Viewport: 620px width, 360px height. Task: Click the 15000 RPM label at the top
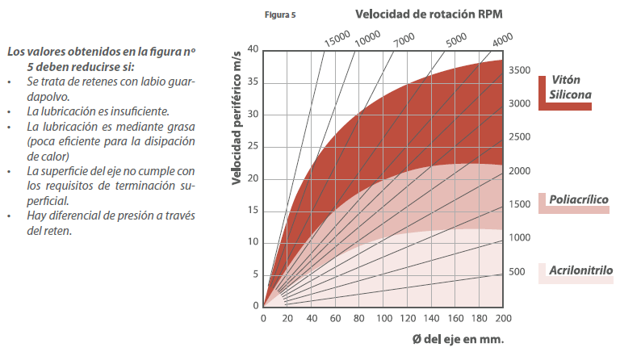(x=337, y=38)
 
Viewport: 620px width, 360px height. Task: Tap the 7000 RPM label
(x=404, y=37)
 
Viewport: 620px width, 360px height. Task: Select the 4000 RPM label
(x=502, y=38)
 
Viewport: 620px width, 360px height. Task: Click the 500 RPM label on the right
(x=517, y=271)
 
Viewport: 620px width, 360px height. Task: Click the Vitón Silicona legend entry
(x=571, y=87)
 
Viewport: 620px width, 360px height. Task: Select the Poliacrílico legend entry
(x=578, y=199)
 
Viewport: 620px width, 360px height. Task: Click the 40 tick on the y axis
(x=253, y=49)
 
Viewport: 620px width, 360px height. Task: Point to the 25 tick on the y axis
(x=253, y=145)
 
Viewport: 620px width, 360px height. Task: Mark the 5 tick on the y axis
(x=255, y=274)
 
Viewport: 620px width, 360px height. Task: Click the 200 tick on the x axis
(x=502, y=318)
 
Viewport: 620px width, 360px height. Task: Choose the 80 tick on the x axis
(x=358, y=318)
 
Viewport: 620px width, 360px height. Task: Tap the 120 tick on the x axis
(x=406, y=318)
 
